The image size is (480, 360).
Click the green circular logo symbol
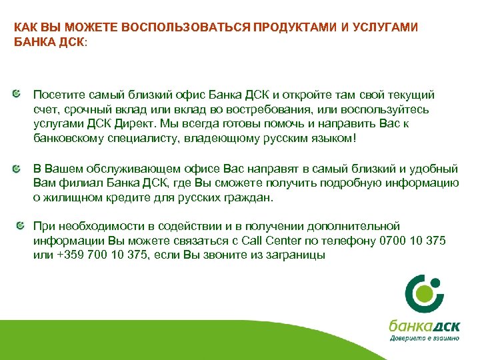click(x=423, y=293)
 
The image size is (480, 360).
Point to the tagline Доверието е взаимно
click(x=424, y=339)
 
